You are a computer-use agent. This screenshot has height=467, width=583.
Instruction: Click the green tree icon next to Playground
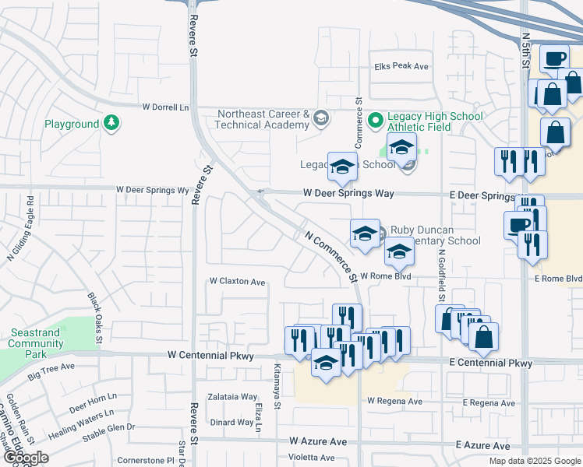(111, 123)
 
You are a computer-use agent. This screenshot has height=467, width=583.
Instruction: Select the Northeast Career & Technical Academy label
(263, 119)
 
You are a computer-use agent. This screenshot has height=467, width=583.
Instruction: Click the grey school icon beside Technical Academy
(320, 119)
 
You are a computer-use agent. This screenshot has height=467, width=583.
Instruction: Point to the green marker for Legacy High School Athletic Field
(375, 119)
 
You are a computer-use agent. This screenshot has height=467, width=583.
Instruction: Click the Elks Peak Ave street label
(401, 66)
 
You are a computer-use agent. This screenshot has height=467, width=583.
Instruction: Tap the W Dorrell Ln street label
(165, 107)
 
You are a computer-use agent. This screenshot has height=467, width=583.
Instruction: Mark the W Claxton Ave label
(238, 281)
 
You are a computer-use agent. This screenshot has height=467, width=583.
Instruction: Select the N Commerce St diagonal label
(330, 255)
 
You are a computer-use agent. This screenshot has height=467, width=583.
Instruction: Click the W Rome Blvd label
(384, 276)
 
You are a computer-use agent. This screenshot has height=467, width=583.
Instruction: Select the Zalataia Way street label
(231, 396)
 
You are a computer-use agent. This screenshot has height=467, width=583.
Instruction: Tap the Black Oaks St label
(95, 318)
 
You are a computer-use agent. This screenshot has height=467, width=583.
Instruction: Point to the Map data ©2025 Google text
(534, 460)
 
